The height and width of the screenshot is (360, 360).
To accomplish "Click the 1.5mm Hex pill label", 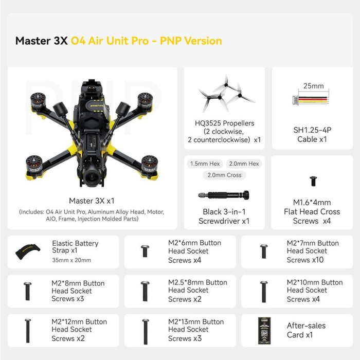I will click(x=205, y=164).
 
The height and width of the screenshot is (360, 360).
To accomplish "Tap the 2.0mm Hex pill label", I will click(x=243, y=164).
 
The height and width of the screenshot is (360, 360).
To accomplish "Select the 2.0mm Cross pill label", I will click(x=224, y=175).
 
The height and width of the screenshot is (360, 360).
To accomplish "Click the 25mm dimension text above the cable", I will click(x=313, y=86).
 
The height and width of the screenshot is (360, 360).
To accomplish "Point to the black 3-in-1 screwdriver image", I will click(x=224, y=195).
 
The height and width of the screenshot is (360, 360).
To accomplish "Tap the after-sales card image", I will click(x=264, y=330).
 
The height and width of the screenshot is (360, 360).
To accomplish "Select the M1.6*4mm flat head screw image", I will click(x=313, y=181).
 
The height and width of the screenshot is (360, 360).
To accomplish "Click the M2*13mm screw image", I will click(x=145, y=330).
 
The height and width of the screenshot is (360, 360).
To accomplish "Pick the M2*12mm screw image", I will click(x=28, y=330).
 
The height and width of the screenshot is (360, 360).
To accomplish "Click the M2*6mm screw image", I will click(x=145, y=251).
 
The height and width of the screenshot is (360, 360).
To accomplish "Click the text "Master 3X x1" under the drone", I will click(x=92, y=201).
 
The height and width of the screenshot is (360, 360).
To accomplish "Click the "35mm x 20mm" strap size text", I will click(x=71, y=260).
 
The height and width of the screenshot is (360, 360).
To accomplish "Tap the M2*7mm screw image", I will click(x=263, y=251).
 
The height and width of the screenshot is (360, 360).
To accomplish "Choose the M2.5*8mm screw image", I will click(x=145, y=291).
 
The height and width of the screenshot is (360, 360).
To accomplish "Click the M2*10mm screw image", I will click(x=263, y=291).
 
